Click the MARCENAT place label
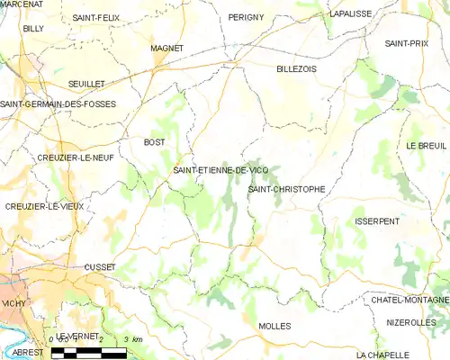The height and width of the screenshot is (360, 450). tap(22, 4)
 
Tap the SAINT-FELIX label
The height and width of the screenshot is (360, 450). tap(97, 17)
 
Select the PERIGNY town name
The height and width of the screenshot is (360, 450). tap(246, 17)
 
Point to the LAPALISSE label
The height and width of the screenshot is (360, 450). tap(351, 14)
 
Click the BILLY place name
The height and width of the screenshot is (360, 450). tap(33, 29)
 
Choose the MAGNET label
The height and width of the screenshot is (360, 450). tap(167, 48)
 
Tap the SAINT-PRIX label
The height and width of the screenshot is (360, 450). tap(407, 43)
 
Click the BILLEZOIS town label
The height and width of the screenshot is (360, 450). tap(298, 68)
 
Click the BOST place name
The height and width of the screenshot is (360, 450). tap(155, 142)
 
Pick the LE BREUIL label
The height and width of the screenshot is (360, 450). tap(427, 145)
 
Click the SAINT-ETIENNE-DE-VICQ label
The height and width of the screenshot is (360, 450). tap(220, 170)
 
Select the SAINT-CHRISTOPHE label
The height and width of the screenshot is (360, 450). tap(286, 189)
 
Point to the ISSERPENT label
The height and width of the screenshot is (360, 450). tap(377, 220)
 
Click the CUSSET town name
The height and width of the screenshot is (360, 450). tap(99, 267)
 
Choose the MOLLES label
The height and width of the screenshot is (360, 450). tap(274, 326)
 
